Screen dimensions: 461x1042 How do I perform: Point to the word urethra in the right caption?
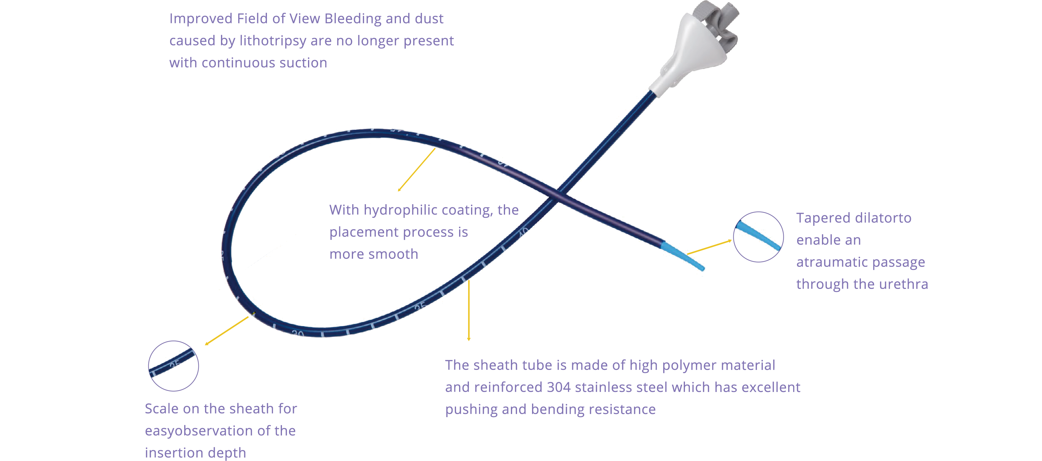[903, 284]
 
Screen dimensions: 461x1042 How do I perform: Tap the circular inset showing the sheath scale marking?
[173, 366]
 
